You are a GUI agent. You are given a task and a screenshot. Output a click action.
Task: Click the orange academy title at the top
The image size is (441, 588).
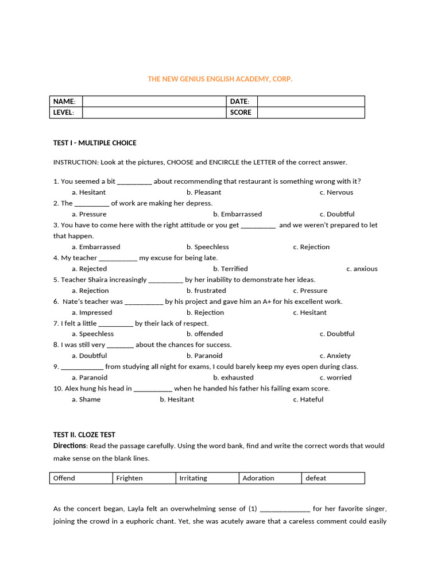tap(220, 79)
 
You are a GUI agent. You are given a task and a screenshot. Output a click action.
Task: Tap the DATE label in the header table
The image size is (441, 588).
tap(239, 102)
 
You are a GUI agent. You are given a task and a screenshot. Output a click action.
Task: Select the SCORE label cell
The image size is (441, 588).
tap(241, 113)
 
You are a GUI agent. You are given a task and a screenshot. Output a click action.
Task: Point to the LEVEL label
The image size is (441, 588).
tap(64, 113)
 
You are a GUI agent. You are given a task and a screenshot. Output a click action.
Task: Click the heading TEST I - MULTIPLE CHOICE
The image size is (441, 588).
tap(95, 143)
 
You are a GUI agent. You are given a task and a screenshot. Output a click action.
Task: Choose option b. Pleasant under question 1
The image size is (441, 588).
tap(203, 192)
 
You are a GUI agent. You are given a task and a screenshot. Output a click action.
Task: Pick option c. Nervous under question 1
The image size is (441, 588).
tap(336, 192)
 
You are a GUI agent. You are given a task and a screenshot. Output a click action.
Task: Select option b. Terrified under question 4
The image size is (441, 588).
tap(230, 269)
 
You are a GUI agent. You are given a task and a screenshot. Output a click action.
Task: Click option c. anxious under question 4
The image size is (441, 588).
tap(362, 269)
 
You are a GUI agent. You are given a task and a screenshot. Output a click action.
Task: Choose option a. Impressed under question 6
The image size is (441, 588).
tap(92, 312)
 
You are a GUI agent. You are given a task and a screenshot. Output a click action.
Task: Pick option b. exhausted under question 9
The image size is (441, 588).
tap(233, 377)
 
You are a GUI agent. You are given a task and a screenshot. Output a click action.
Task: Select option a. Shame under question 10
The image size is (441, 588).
tap(86, 399)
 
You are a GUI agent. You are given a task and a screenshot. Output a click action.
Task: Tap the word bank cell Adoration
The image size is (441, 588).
tap(258, 478)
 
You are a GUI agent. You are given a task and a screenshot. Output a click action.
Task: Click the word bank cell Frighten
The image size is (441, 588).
tap(129, 478)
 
